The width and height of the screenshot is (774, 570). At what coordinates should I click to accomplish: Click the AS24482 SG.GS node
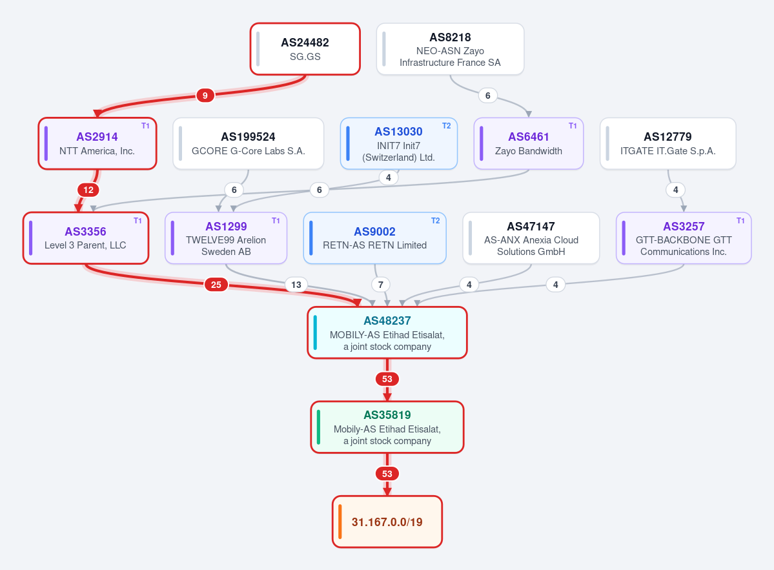click(305, 49)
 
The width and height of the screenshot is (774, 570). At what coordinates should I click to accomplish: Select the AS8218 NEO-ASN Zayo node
click(450, 49)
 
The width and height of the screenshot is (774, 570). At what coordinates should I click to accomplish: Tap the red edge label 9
click(205, 96)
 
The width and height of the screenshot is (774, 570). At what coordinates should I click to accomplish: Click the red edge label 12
click(88, 190)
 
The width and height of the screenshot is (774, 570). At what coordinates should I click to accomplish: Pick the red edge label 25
click(216, 285)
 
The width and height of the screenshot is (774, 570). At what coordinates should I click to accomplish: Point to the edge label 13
click(296, 285)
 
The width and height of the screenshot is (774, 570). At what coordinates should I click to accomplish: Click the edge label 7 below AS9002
click(381, 285)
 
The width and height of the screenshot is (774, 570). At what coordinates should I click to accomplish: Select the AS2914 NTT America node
click(97, 143)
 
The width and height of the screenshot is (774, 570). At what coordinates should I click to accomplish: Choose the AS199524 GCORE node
click(249, 143)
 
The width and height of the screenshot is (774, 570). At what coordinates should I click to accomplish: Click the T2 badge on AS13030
click(446, 126)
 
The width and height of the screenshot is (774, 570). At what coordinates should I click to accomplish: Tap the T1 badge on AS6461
click(573, 126)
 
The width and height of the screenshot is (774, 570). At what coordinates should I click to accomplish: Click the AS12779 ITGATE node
click(668, 143)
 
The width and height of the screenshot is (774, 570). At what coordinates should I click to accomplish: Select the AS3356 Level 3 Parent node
click(86, 238)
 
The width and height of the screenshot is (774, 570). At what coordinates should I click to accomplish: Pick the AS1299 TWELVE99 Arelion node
click(226, 238)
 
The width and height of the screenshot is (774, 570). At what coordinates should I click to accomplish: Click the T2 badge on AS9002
click(435, 221)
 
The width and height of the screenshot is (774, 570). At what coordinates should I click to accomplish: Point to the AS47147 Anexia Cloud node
click(531, 238)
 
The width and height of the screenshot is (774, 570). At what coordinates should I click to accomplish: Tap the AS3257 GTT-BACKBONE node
click(684, 238)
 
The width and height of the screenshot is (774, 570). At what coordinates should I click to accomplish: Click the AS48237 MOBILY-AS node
click(387, 332)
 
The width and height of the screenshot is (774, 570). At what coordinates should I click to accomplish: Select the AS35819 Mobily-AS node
click(387, 427)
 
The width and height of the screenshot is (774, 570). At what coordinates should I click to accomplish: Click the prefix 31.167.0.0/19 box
click(387, 522)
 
